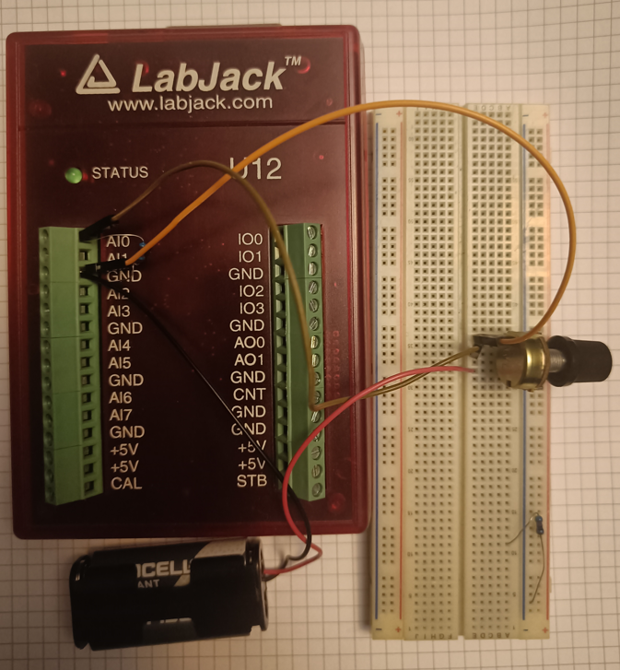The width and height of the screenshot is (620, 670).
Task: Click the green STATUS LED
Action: pyautogui.click(x=70, y=173)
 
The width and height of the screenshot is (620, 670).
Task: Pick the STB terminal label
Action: pyautogui.click(x=252, y=481)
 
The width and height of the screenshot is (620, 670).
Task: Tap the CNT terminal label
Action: pyautogui.click(x=250, y=394)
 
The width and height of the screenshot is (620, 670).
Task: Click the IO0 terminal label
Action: pyautogui.click(x=251, y=239)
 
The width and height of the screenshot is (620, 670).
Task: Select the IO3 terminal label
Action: pyautogui.click(x=251, y=308)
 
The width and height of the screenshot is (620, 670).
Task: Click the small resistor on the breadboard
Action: pyautogui.click(x=537, y=527)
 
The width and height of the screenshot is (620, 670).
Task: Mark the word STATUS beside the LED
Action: pyautogui.click(x=120, y=172)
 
